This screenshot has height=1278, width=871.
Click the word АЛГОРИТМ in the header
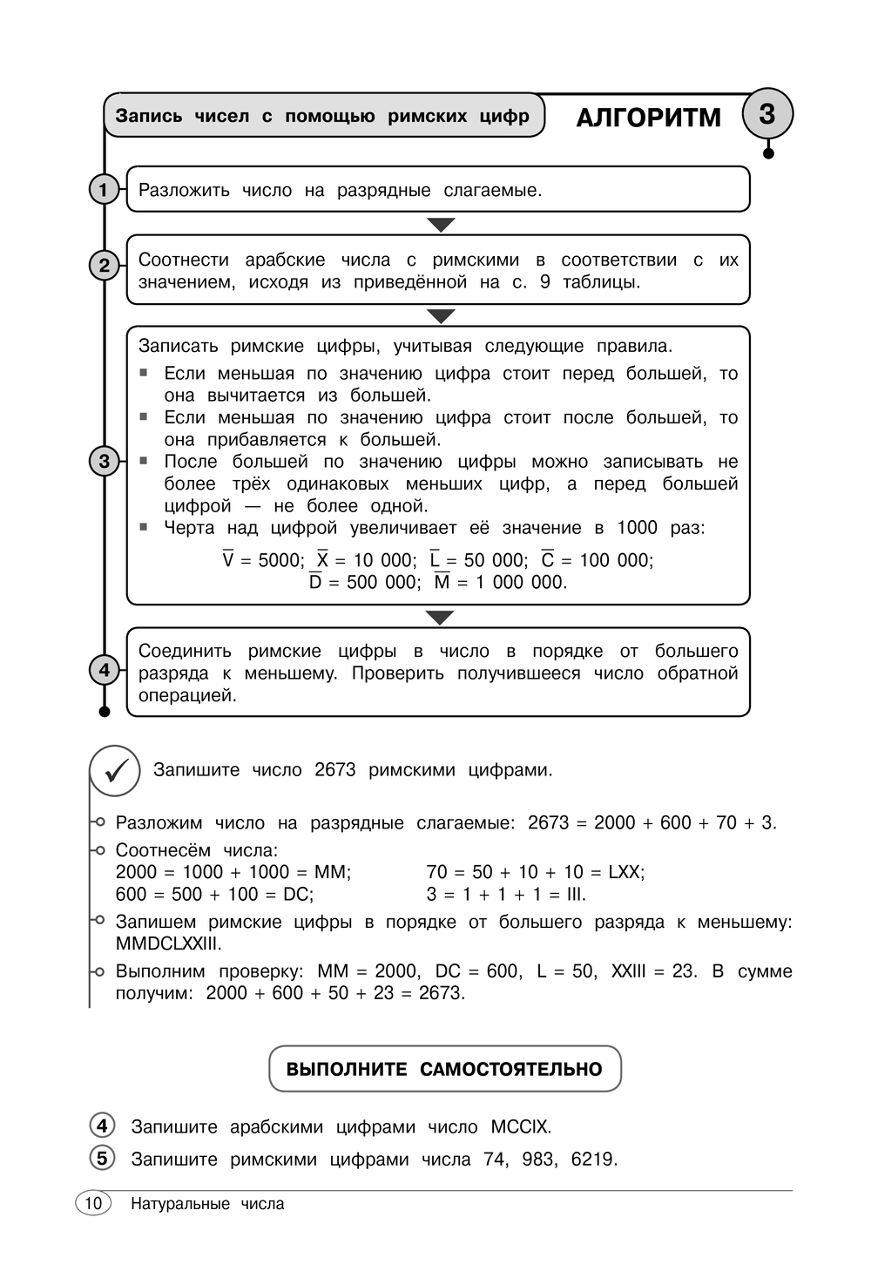pyautogui.click(x=649, y=118)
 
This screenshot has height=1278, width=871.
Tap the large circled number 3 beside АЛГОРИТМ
pyautogui.click(x=767, y=114)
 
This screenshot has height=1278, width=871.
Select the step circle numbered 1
pyautogui.click(x=104, y=189)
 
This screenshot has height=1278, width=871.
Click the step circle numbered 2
pyautogui.click(x=105, y=265)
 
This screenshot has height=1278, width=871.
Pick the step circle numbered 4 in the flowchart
pyautogui.click(x=105, y=670)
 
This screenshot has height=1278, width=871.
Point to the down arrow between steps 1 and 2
pyautogui.click(x=442, y=225)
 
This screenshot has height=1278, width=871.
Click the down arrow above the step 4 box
pyautogui.click(x=441, y=618)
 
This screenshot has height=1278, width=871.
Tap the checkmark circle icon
pyautogui.click(x=115, y=771)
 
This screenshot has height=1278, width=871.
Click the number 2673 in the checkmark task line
pyautogui.click(x=335, y=770)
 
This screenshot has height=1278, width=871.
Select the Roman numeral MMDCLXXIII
pyautogui.click(x=169, y=943)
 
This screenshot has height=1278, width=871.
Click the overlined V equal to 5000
pyautogui.click(x=228, y=560)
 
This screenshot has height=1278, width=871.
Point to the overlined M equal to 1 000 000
pyautogui.click(x=442, y=582)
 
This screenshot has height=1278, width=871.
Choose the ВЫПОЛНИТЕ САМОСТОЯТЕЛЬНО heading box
pyautogui.click(x=444, y=1069)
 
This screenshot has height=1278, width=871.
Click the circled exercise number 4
pyautogui.click(x=103, y=1126)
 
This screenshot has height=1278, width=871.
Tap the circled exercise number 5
pyautogui.click(x=103, y=1158)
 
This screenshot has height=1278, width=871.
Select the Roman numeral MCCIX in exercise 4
pyautogui.click(x=520, y=1126)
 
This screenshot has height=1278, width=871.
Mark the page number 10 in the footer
pyautogui.click(x=93, y=1203)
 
